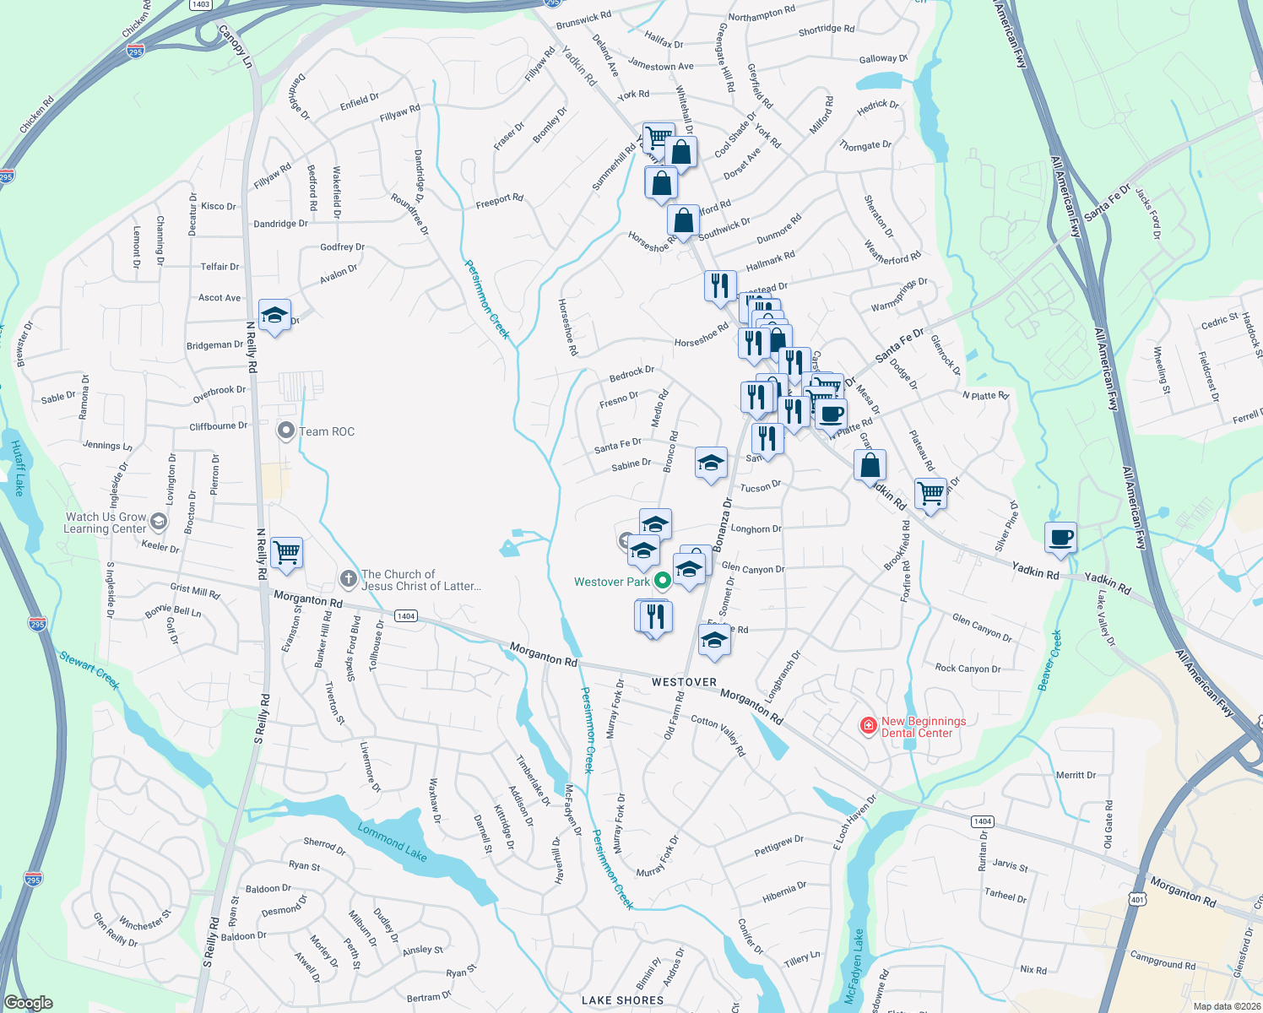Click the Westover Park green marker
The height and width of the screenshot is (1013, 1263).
pyautogui.click(x=663, y=580)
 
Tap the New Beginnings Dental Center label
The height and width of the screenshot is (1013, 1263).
pyautogui.click(x=923, y=727)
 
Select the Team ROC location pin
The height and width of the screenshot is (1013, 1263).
pyautogui.click(x=285, y=431)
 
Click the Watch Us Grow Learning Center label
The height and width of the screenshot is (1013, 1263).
pyautogui.click(x=106, y=523)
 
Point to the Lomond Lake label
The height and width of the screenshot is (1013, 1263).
pyautogui.click(x=392, y=842)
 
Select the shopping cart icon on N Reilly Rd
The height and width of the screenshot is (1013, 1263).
pyautogui.click(x=286, y=553)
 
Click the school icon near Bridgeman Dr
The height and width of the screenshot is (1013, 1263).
pyautogui.click(x=274, y=316)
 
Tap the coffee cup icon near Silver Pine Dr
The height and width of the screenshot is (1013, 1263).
pyautogui.click(x=1061, y=537)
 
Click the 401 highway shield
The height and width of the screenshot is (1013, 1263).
pyautogui.click(x=1137, y=899)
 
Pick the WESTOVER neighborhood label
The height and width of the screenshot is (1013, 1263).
pyautogui.click(x=684, y=682)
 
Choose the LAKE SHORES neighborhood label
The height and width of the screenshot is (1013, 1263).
pyautogui.click(x=622, y=1000)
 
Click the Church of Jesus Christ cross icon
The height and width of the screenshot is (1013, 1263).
pyautogui.click(x=348, y=578)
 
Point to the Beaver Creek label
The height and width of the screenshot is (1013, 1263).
pyautogui.click(x=1050, y=658)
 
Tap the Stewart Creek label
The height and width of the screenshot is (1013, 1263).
pyautogui.click(x=89, y=670)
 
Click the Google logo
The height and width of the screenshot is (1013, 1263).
pyautogui.click(x=28, y=1003)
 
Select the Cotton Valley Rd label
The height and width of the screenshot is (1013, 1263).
pyautogui.click(x=718, y=734)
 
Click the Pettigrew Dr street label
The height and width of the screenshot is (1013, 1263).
pyautogui.click(x=778, y=846)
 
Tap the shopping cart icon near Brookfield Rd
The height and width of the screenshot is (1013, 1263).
pyautogui.click(x=930, y=492)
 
